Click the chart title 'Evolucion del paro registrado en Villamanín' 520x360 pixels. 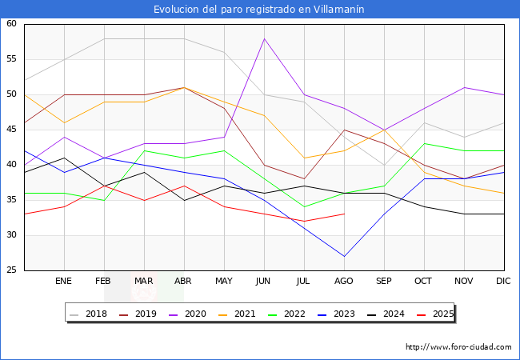(260, 9)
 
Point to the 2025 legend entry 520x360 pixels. (442, 314)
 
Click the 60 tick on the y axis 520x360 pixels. (12, 24)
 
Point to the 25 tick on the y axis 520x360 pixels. (12, 270)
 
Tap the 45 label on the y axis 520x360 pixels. (12, 130)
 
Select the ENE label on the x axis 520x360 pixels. (64, 282)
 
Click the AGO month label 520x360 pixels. (344, 282)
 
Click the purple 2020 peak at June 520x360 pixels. (264, 38)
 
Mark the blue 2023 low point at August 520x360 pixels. (344, 256)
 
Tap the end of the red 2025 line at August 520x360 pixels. (344, 214)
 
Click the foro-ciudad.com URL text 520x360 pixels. (458, 347)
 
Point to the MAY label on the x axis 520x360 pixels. (224, 282)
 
